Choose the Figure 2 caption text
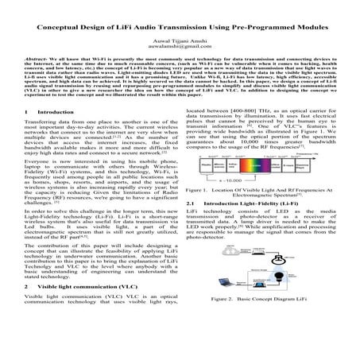click(x=266, y=320)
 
